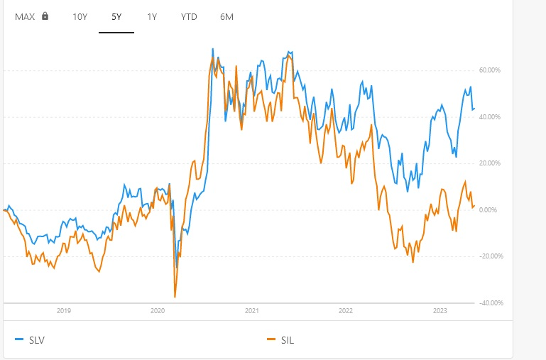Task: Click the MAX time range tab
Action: coord(25,16)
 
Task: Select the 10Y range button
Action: coord(80,16)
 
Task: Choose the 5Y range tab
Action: coord(116,16)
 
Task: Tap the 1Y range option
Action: coord(151,16)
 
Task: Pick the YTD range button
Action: coord(188,16)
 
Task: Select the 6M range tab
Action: coord(226,16)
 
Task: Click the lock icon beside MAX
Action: coord(45,16)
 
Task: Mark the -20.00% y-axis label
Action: coord(490,256)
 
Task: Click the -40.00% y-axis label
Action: coord(490,303)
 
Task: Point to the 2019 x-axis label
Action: coord(63,310)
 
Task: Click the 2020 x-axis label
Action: coord(158,310)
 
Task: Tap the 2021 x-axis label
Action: coord(251,310)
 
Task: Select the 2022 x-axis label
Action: coord(346,310)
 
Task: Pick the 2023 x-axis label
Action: coord(439,310)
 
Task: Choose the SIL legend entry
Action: coord(282,340)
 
